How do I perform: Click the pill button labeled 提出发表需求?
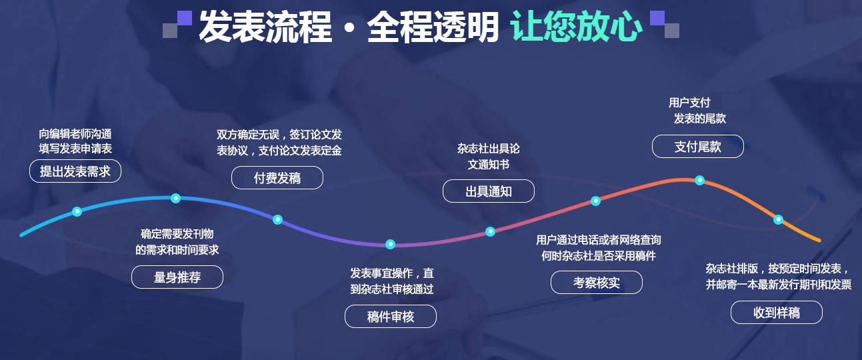(x=75, y=171)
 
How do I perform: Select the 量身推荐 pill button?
(x=177, y=277)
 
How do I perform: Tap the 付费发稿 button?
(x=277, y=177)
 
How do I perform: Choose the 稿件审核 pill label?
(x=391, y=316)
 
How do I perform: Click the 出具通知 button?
(x=489, y=191)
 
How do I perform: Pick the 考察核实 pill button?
(x=597, y=282)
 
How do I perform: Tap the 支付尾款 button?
(x=698, y=146)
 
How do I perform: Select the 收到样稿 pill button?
(x=777, y=312)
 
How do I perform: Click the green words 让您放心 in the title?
(x=576, y=26)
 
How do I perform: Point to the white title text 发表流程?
(x=265, y=26)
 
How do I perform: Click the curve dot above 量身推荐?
(x=175, y=198)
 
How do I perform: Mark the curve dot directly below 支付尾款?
(x=699, y=180)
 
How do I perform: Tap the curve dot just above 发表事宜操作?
(x=390, y=244)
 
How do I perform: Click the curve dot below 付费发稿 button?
(x=277, y=219)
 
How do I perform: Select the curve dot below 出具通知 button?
(x=490, y=231)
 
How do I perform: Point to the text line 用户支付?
(x=689, y=103)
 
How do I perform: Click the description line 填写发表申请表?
(x=75, y=149)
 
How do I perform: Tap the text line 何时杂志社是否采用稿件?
(x=599, y=255)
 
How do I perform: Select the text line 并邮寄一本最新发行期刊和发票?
(x=779, y=285)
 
